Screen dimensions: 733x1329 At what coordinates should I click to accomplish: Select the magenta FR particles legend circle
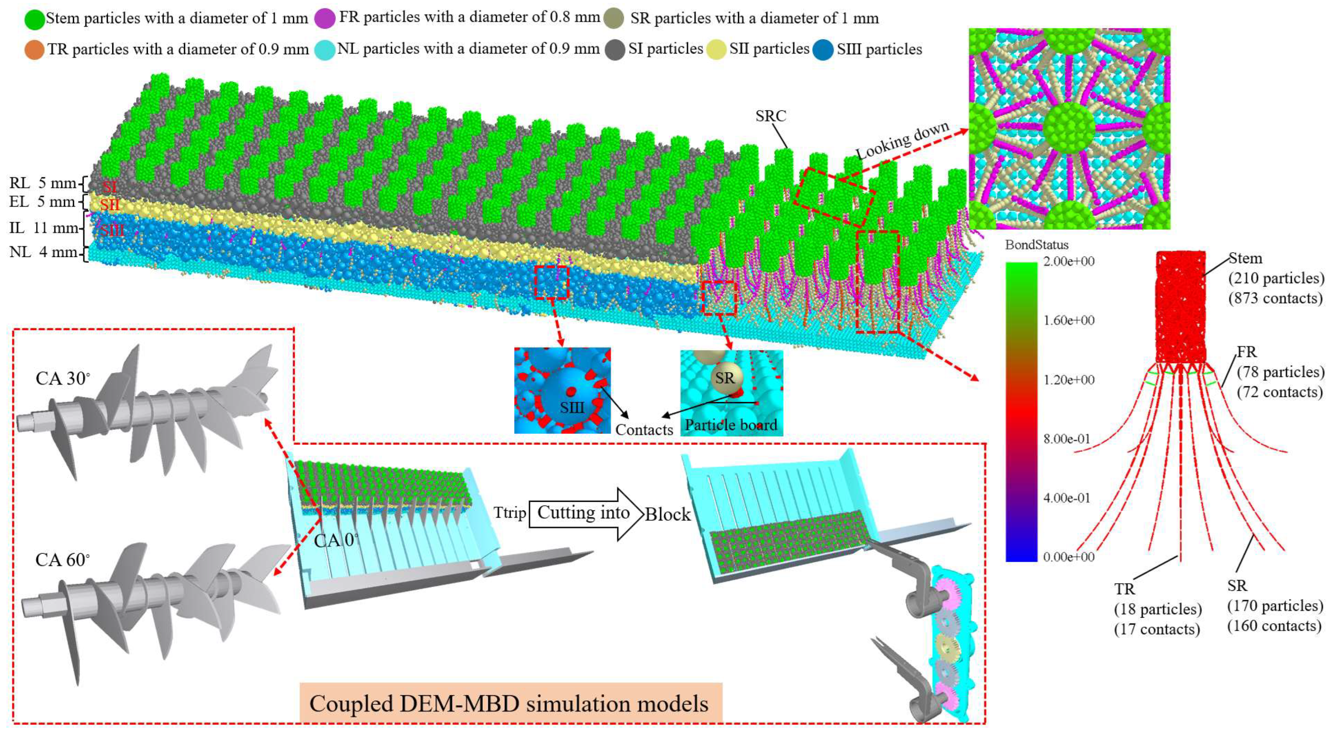tap(325, 18)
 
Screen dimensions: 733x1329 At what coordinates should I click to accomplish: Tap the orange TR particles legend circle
tap(34, 50)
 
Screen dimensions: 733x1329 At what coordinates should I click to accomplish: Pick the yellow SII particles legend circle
tap(717, 50)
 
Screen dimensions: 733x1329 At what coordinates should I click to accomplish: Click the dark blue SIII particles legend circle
tap(823, 50)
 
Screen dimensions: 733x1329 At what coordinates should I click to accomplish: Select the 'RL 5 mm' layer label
tap(42, 183)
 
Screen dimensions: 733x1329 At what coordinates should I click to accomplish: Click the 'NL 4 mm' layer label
tap(43, 252)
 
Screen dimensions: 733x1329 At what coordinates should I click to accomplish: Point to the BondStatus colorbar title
tap(1037, 245)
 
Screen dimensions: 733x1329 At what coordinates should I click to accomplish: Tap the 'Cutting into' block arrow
tap(583, 514)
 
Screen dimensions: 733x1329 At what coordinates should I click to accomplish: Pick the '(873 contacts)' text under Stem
tap(1275, 299)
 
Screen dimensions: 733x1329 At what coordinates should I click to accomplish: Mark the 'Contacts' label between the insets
tap(644, 430)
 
